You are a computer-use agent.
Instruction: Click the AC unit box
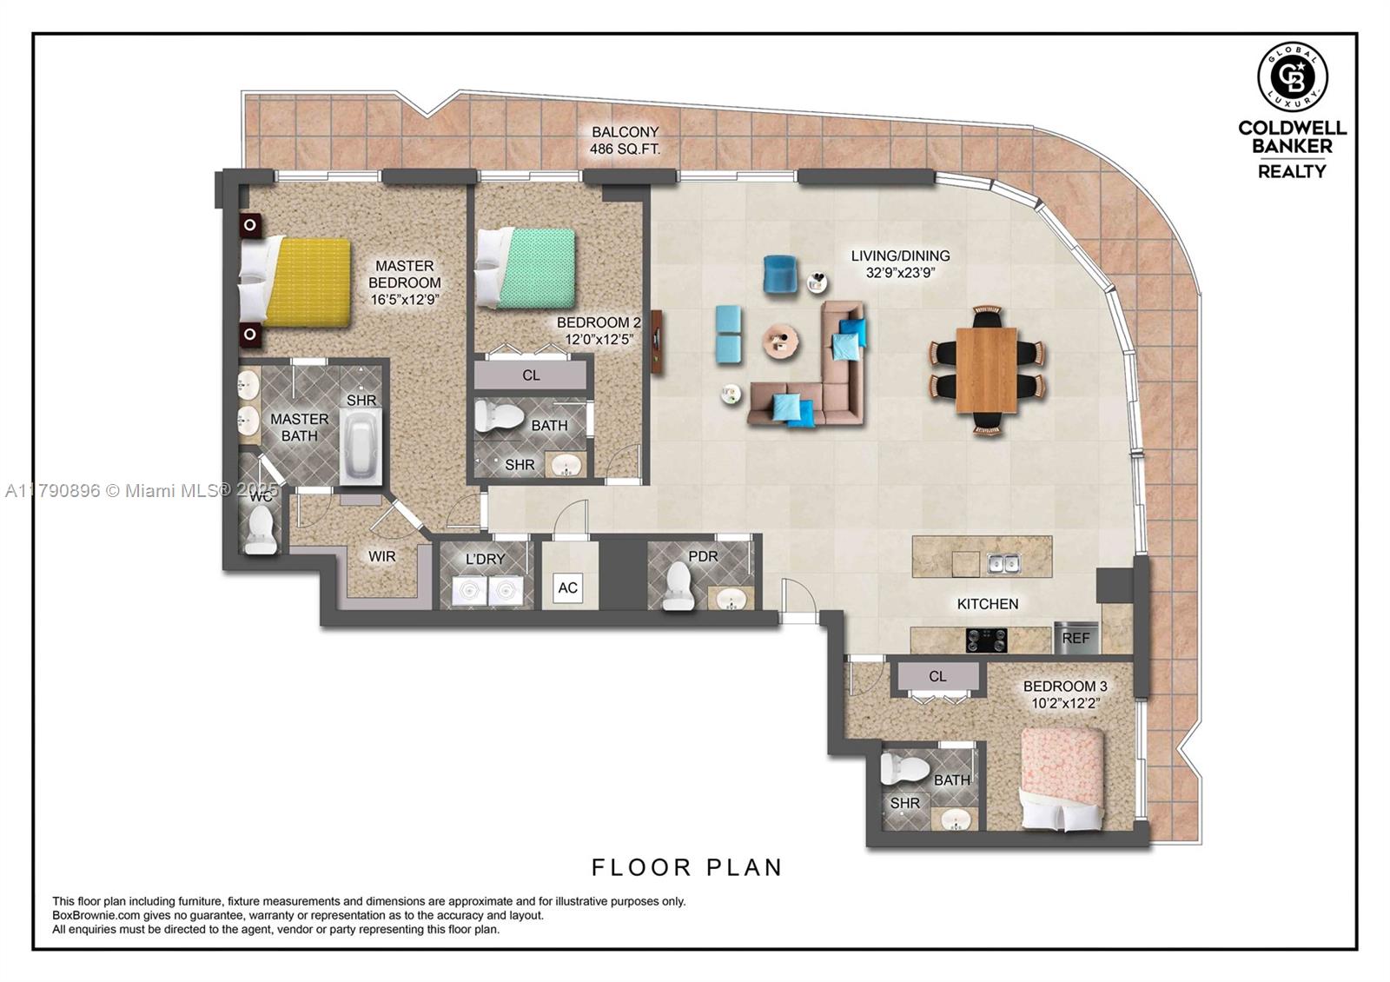[567, 588]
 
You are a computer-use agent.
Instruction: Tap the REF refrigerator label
[1076, 638]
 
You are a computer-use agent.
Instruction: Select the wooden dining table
[986, 369]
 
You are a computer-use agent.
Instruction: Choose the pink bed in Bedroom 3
[1062, 776]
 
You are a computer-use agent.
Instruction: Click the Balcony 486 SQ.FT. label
[625, 141]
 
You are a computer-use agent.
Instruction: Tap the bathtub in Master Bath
[361, 446]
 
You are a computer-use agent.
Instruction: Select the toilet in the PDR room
[678, 587]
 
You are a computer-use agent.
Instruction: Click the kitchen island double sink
[1003, 565]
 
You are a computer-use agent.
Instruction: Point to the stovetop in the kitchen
[986, 640]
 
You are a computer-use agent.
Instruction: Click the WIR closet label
[381, 556]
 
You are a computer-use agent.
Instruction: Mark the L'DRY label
[485, 559]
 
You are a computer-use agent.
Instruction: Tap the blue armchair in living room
[780, 274]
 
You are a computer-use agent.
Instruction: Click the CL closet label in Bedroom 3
[937, 676]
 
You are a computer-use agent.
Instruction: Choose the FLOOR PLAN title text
[687, 867]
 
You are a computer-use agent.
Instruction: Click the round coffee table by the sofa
[781, 341]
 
